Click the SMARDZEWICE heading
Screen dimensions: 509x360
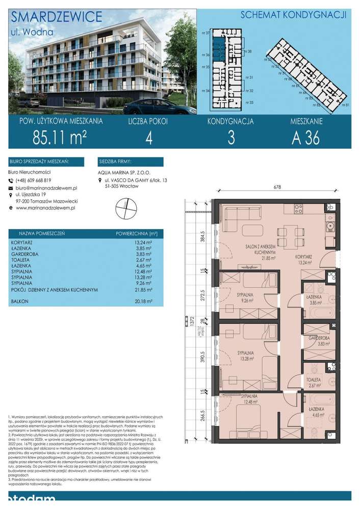coord(56,17)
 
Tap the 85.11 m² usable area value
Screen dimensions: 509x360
coord(59,138)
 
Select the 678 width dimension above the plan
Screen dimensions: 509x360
coord(277,187)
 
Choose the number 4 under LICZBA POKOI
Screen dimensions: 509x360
coord(148,138)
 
